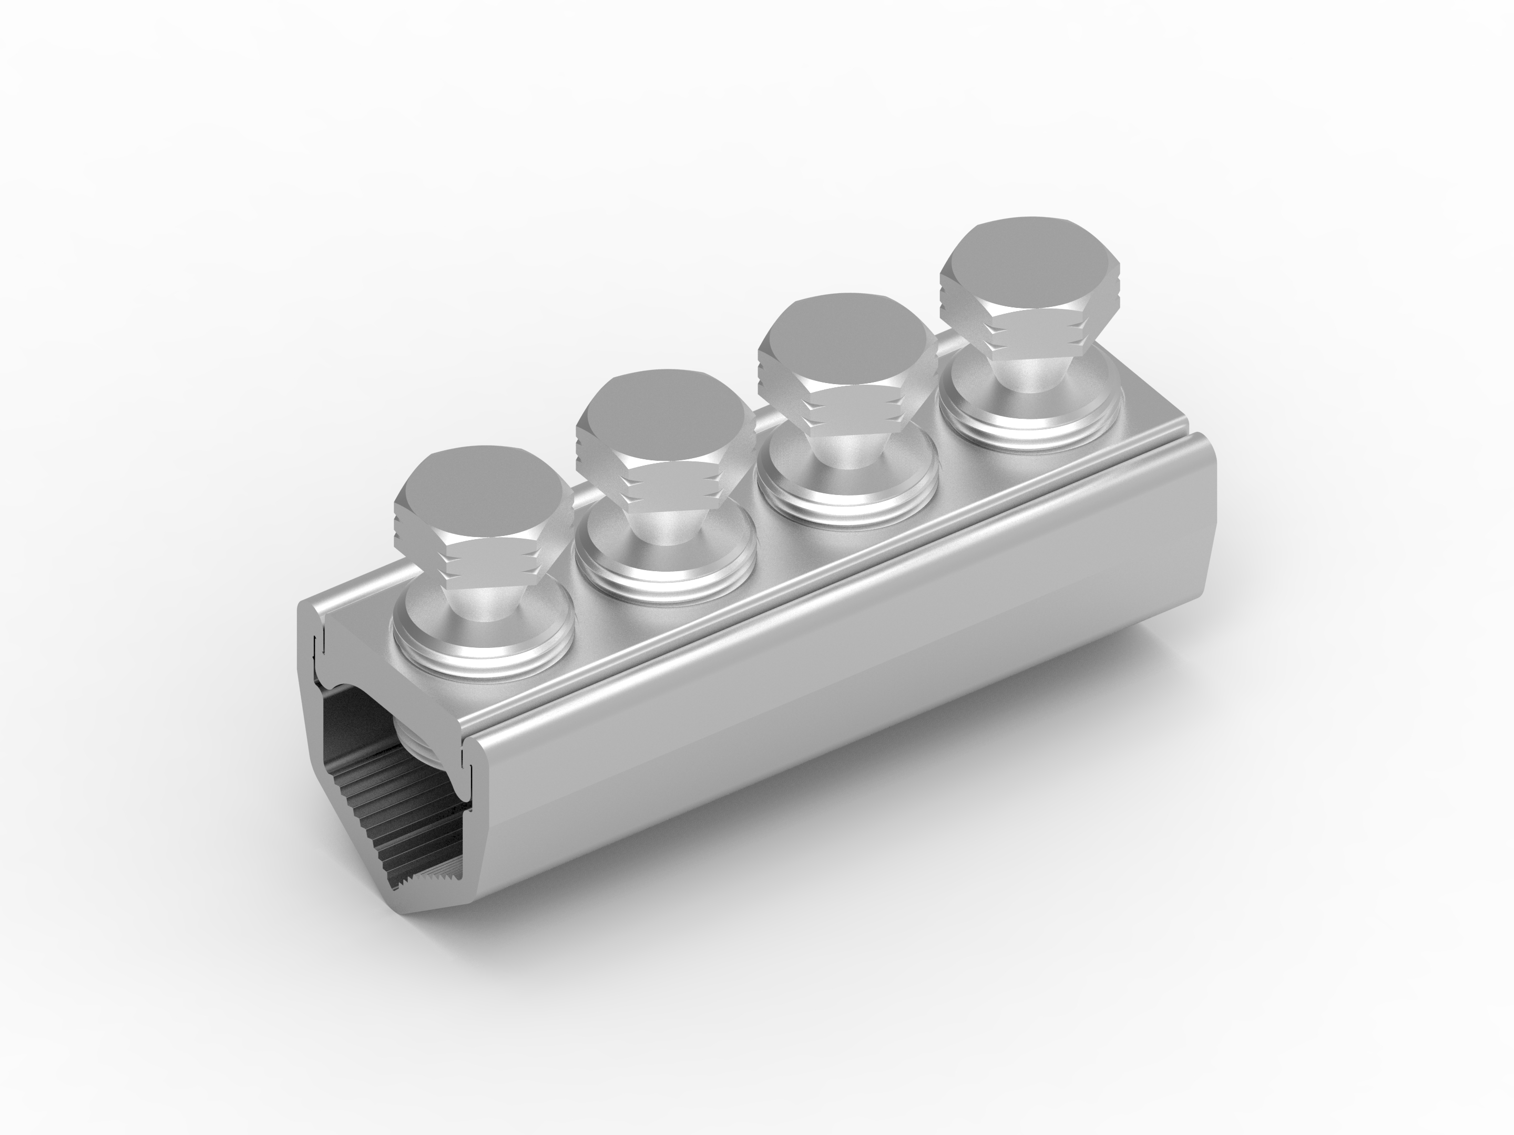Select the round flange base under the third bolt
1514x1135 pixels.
pos(846,472)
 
